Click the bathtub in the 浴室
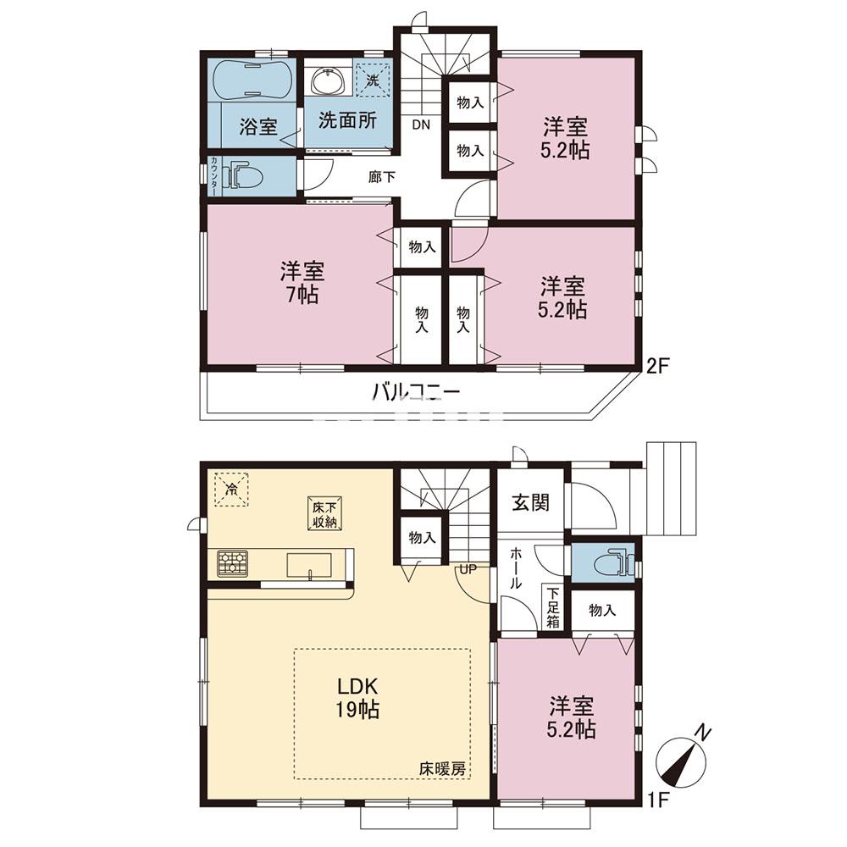coord(251,81)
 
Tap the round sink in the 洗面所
coord(327,82)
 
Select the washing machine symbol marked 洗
coord(372,80)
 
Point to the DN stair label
coord(421,125)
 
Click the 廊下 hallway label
coord(380,178)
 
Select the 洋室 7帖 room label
coord(302,284)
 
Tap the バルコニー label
coord(415,393)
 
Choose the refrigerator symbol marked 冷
coord(230,488)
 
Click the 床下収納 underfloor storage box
coord(324,514)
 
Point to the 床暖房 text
coord(442,769)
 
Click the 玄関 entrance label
coord(531,501)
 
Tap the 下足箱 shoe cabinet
coord(552,608)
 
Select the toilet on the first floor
coord(607,563)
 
